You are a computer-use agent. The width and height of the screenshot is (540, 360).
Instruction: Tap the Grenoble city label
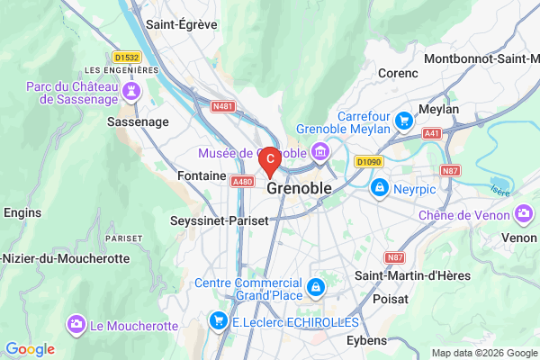299,189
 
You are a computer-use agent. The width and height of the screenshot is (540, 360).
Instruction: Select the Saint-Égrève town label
182,24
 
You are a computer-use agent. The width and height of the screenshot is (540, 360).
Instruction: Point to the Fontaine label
201,175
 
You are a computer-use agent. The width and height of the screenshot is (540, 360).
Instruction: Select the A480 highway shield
242,181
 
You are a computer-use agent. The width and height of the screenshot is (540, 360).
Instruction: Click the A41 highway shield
432,132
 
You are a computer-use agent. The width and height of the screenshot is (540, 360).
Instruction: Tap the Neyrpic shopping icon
380,188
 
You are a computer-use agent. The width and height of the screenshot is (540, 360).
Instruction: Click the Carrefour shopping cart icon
404,118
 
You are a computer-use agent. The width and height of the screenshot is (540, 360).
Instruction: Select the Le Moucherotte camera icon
76,322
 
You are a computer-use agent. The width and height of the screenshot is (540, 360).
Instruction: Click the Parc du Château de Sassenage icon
132,91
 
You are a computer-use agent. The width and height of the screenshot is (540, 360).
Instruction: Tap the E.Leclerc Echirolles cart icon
217,320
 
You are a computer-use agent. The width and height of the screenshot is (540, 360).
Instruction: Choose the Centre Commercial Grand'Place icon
315,288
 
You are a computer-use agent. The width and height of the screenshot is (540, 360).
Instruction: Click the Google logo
30,349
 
